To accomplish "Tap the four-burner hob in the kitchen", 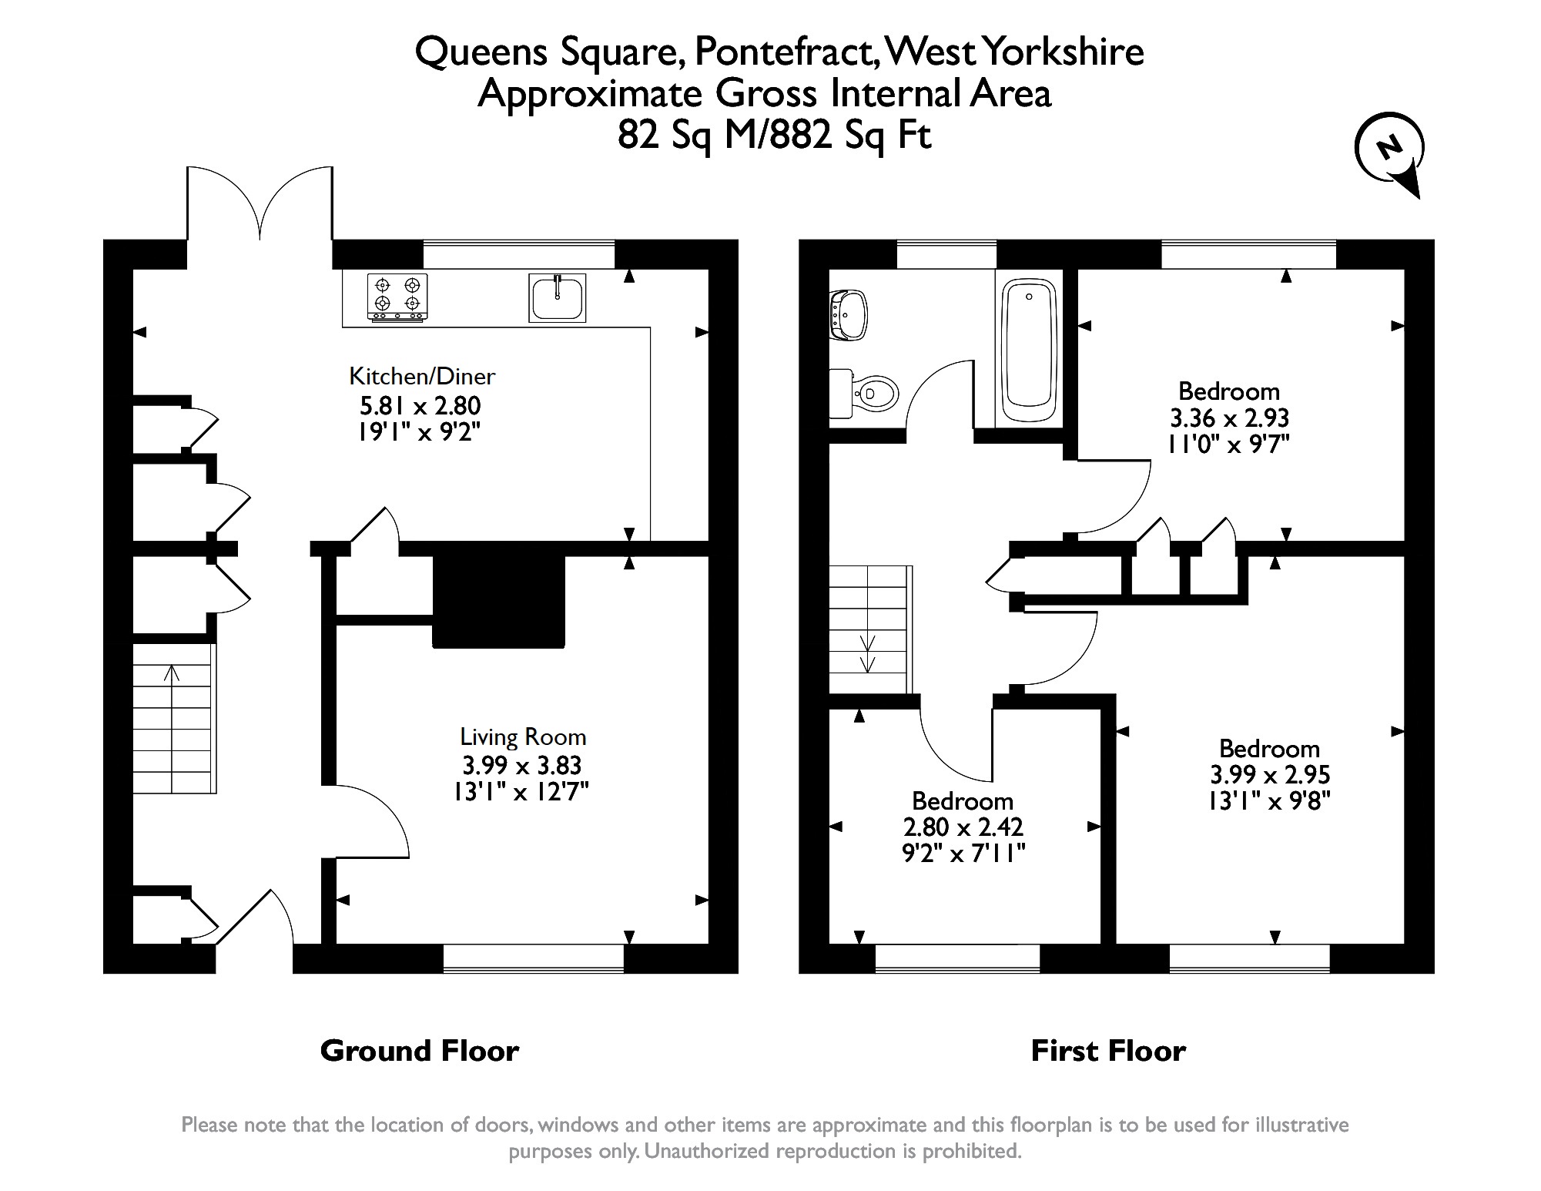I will [x=397, y=297].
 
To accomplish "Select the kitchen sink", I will [x=558, y=297].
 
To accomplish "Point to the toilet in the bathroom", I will [x=866, y=394].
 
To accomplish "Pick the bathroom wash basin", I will [x=849, y=314].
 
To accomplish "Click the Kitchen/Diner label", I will [x=421, y=376].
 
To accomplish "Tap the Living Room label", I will [x=523, y=737].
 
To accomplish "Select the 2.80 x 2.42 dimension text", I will [x=963, y=827].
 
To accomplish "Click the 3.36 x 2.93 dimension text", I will [x=1229, y=418].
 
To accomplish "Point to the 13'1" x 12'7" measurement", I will [x=521, y=792].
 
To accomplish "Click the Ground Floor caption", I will [x=420, y=1051].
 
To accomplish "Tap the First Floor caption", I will [x=1108, y=1051].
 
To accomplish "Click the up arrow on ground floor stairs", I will [x=172, y=674].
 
